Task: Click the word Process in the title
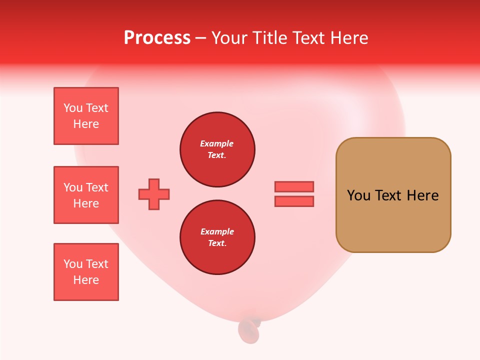(157, 38)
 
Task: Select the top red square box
(86, 116)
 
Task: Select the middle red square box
(86, 195)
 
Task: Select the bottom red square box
(86, 272)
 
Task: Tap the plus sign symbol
(154, 194)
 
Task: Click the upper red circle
(217, 149)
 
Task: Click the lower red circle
(217, 237)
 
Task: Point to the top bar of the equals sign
(294, 186)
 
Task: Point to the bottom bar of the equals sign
(294, 201)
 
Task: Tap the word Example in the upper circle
(217, 143)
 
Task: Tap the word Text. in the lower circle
(217, 243)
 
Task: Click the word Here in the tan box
(422, 195)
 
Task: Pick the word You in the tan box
(358, 195)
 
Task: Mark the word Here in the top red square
(86, 124)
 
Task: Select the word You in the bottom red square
(73, 264)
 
